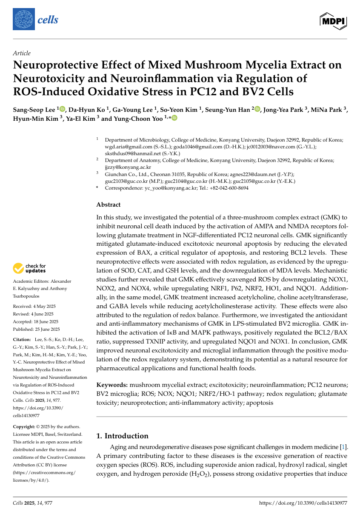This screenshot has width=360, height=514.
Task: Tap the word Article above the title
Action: point(22,53)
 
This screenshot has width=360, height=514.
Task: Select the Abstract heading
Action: point(109,204)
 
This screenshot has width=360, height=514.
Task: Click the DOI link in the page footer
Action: point(303,503)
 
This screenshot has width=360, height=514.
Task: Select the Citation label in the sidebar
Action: point(22,339)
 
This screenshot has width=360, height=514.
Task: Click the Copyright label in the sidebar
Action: point(25,426)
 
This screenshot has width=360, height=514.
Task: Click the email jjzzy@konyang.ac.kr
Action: point(128,167)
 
